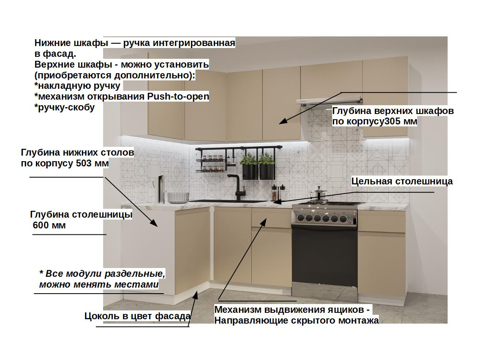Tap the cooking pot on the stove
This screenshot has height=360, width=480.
coord(319,194)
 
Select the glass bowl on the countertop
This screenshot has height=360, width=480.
coord(178,197)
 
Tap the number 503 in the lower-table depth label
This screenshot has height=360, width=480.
coord(84,164)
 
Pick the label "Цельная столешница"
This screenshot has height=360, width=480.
coord(402,181)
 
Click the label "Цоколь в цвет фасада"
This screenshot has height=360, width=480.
coord(137,316)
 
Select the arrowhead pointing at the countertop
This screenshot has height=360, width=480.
coord(277,202)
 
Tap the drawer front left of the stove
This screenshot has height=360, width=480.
coord(271,218)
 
